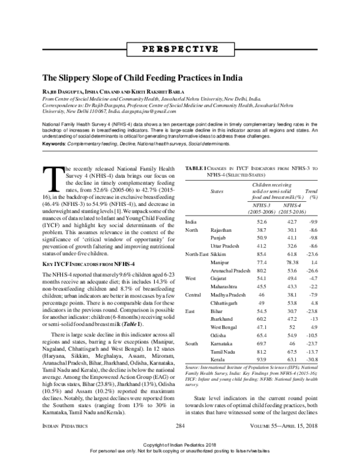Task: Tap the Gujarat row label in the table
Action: [218, 280]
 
